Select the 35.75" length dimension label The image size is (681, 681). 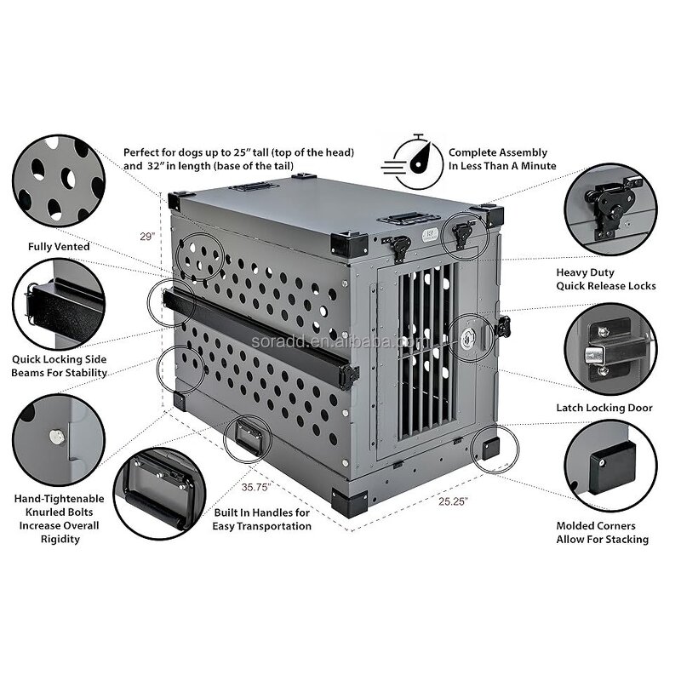point(255,488)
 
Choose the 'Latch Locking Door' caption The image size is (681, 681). point(604,408)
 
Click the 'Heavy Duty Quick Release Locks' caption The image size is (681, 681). point(605,279)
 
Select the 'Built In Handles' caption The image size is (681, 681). point(261,519)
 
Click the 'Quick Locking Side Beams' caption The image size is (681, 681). point(59,366)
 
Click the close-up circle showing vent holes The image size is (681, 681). point(59,181)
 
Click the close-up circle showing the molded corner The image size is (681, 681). point(610,465)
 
